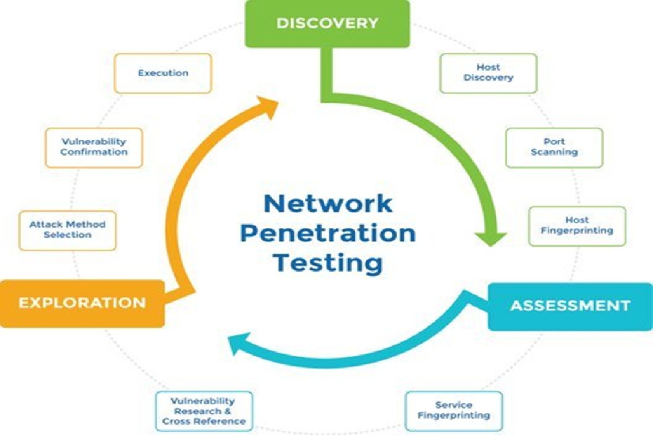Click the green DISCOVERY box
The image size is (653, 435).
pos(328,23)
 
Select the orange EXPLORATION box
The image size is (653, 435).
pos(82,303)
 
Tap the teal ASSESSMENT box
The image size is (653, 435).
pos(570,307)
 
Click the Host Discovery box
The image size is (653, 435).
pos(488,73)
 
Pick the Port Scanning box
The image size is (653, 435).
pos(554,148)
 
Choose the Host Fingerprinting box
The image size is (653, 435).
pos(577,226)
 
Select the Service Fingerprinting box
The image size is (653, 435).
pos(454,411)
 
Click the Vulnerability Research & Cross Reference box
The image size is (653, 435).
pos(204,411)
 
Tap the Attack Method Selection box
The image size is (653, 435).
pos(67,231)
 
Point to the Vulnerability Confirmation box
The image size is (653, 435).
pos(94,148)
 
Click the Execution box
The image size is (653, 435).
pos(163,73)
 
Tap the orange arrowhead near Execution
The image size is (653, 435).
pos(268,107)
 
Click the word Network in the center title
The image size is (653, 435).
pos(328,204)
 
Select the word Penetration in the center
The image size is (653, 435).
pos(328,234)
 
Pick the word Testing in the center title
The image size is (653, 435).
pos(328,264)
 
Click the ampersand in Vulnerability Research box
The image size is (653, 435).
pos(227,411)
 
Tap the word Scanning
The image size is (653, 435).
pos(554,152)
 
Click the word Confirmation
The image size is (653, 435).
pos(94,152)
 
